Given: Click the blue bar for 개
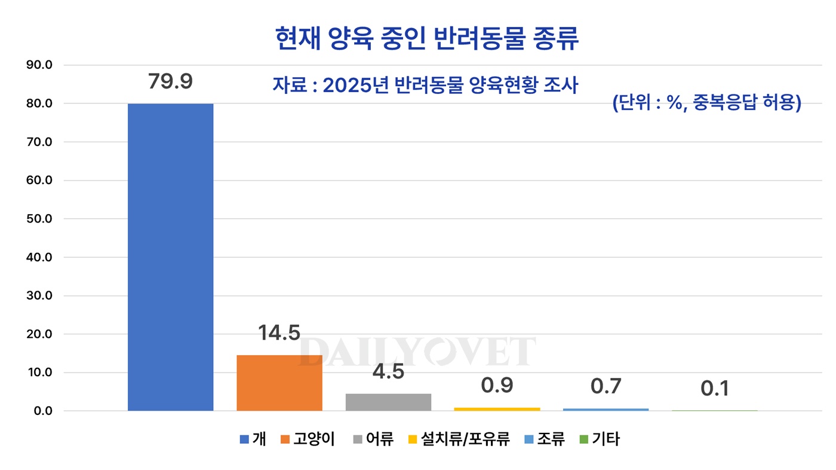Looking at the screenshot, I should click(170, 257).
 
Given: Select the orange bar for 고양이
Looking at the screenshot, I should click(279, 383).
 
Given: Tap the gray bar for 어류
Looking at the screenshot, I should click(388, 402).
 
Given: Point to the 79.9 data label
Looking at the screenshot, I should click(170, 81).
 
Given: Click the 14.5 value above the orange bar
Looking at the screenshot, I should click(279, 333).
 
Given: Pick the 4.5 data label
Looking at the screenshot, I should click(388, 371).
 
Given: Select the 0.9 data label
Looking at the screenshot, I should click(497, 386).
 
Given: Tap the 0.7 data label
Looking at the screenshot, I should click(606, 386).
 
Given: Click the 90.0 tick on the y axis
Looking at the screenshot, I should click(40, 65).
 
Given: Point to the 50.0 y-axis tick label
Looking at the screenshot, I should click(40, 219).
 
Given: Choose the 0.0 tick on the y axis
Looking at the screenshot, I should click(42, 411).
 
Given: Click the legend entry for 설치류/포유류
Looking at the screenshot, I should click(459, 440).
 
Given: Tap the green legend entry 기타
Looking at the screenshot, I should click(600, 440).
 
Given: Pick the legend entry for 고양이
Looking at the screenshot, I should click(307, 440).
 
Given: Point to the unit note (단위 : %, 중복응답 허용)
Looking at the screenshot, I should click(706, 103).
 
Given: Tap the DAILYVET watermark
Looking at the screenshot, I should click(417, 351).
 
